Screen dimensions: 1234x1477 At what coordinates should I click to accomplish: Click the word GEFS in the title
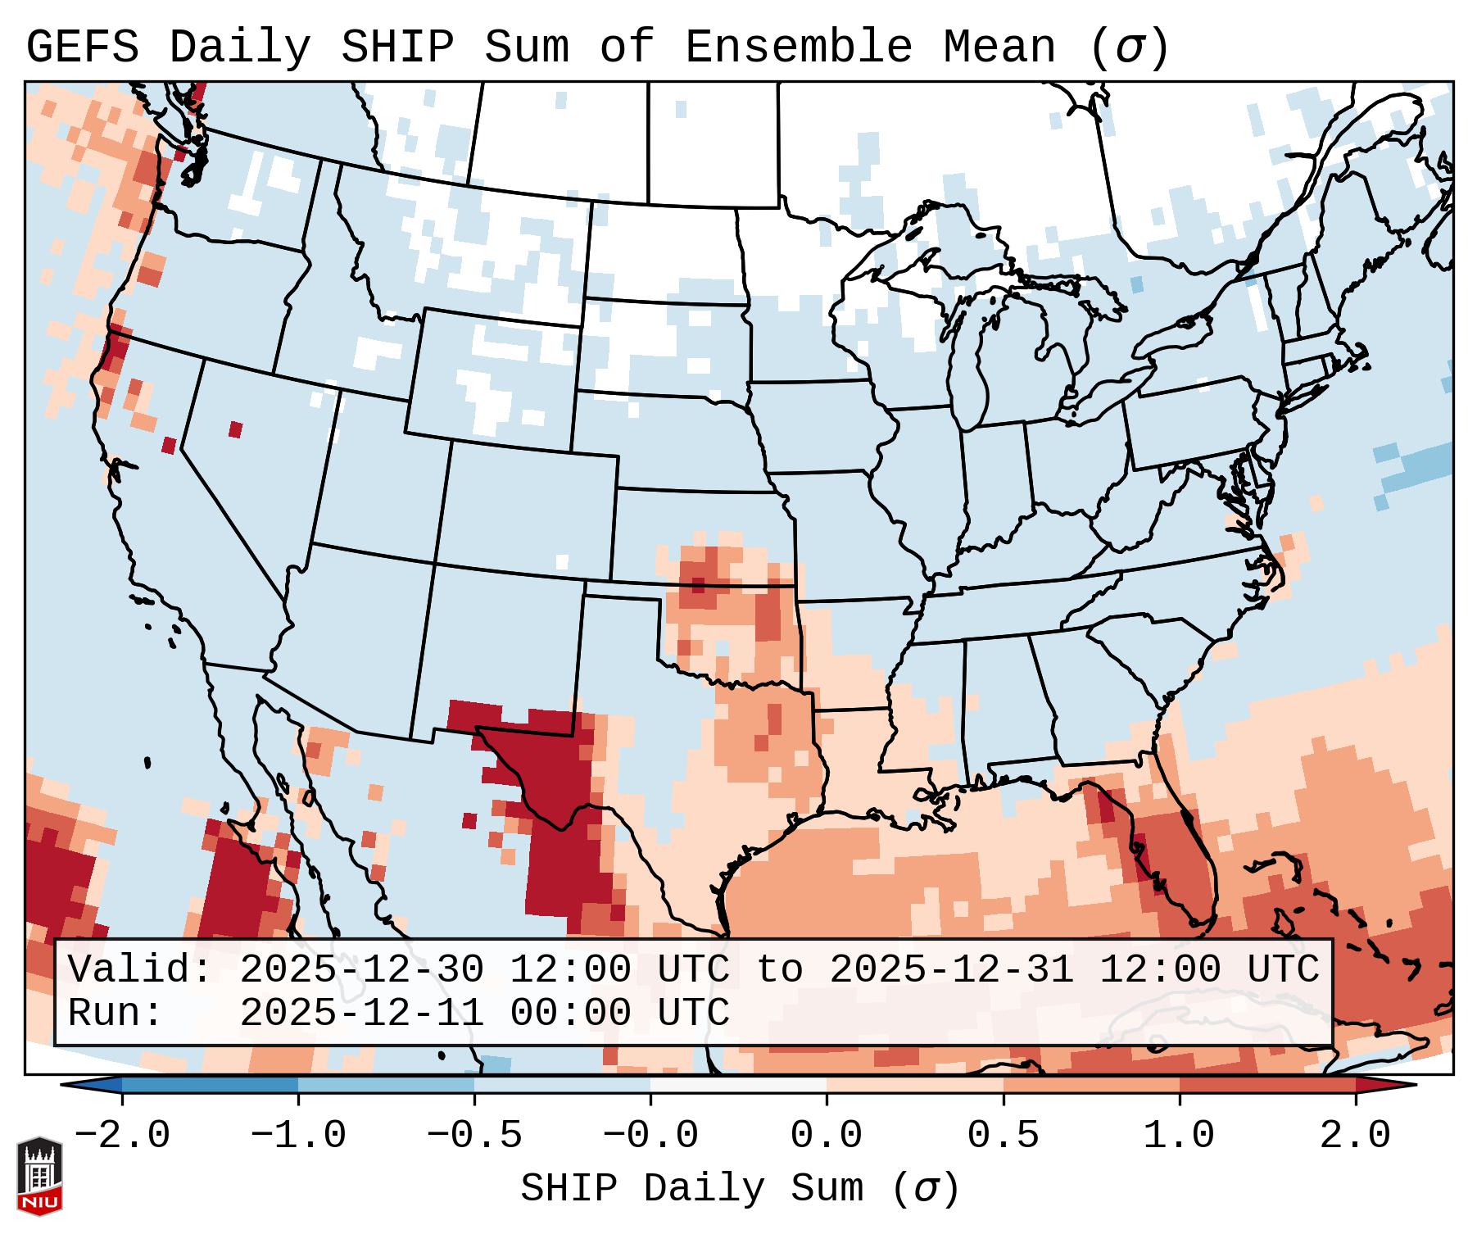(82, 48)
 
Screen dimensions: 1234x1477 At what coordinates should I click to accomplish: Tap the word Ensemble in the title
(798, 48)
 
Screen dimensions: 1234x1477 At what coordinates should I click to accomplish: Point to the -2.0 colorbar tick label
(122, 1136)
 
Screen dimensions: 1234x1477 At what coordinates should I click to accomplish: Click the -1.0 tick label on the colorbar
(298, 1136)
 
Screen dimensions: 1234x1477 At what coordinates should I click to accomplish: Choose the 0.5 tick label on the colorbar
(1003, 1136)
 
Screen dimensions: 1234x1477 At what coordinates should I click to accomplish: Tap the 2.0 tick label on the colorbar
(1356, 1136)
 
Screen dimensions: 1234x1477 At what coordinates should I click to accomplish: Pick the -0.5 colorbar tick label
(474, 1136)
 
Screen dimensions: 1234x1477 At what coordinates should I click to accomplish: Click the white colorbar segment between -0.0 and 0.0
(738, 1084)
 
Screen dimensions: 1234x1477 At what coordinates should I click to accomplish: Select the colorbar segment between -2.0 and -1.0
(210, 1084)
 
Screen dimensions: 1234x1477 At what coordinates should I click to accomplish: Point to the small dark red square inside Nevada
(236, 429)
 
